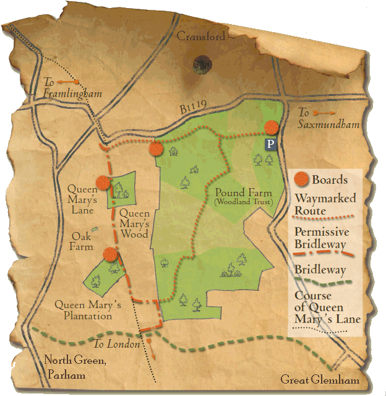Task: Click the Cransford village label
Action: click(x=201, y=37)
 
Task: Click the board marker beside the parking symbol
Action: click(x=272, y=127)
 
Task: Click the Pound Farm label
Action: click(x=240, y=192)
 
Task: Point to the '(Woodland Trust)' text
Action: click(x=241, y=202)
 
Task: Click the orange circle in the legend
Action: click(x=301, y=179)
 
